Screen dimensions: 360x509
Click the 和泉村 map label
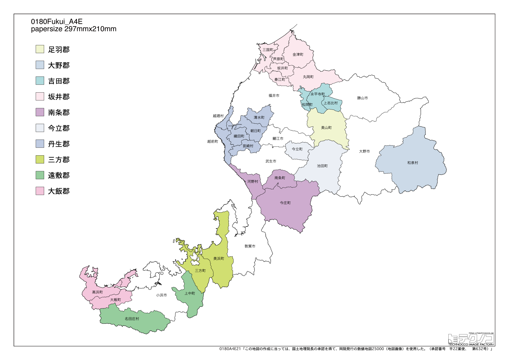click(412, 163)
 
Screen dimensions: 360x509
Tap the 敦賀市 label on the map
click(250, 246)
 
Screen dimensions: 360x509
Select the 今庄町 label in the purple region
click(285, 203)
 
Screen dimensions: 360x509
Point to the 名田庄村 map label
click(132, 319)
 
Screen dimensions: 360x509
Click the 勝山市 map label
click(362, 98)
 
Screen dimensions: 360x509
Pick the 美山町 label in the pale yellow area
click(326, 128)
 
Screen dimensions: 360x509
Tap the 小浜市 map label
click(161, 295)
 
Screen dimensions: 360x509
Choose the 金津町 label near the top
click(298, 55)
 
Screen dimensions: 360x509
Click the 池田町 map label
click(322, 166)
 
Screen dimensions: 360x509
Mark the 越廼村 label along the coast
click(218, 116)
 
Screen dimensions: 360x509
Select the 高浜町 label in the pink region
click(97, 292)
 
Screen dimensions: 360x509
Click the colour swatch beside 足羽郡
click(40, 49)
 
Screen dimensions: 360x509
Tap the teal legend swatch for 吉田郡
click(40, 81)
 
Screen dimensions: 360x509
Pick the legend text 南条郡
click(59, 112)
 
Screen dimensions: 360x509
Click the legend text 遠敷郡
click(59, 175)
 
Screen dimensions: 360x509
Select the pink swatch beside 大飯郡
click(40, 191)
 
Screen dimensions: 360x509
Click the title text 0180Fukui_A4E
click(57, 21)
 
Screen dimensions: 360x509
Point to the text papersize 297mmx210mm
click(74, 29)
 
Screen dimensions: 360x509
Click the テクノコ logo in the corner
click(471, 339)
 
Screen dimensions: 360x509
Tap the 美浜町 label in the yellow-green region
click(219, 259)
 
